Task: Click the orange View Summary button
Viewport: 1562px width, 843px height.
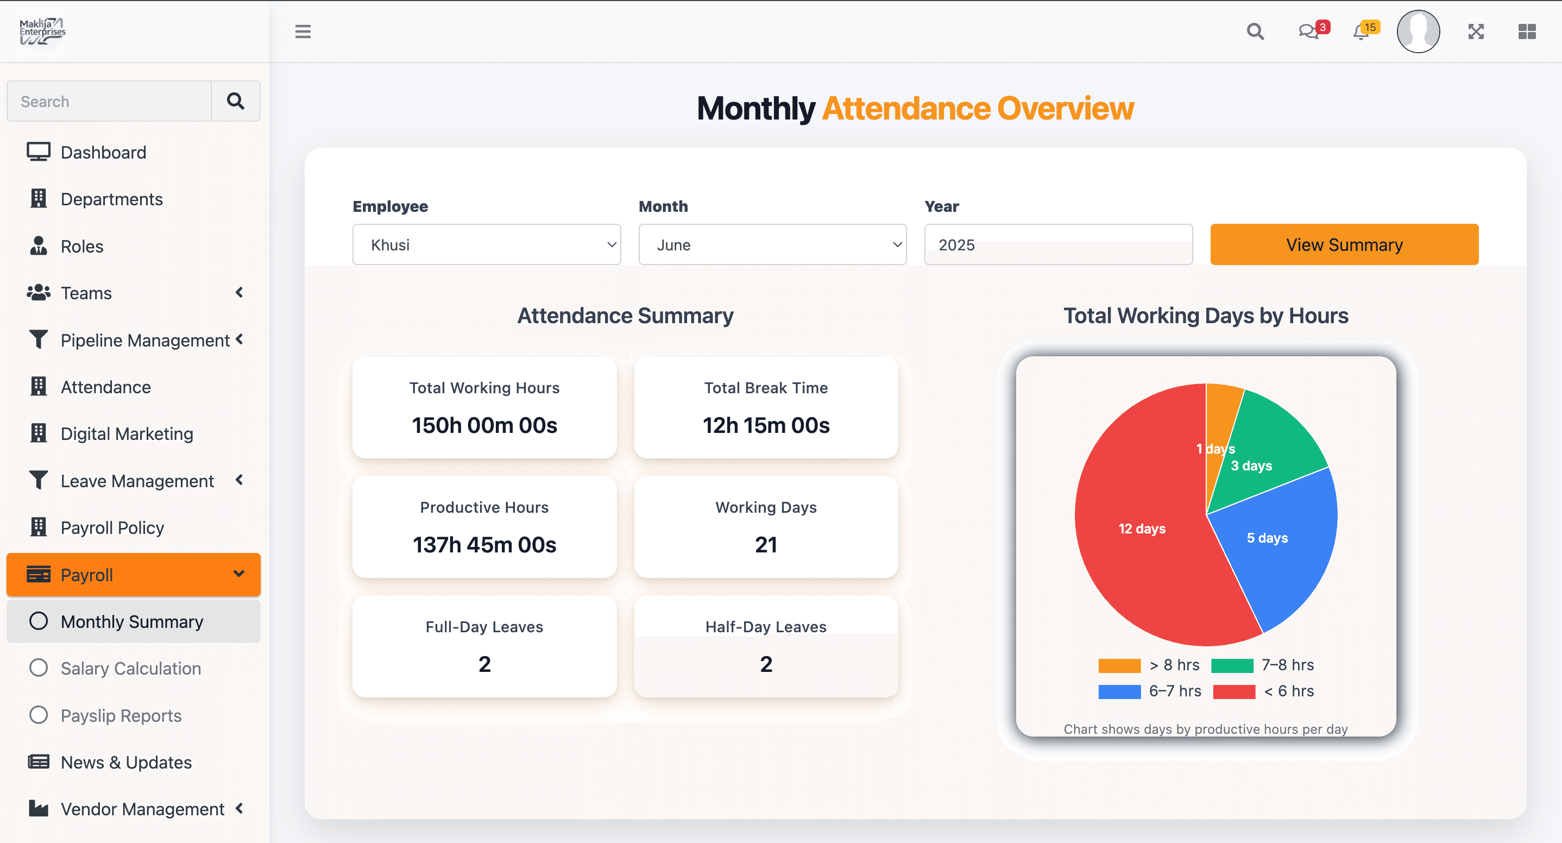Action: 1344,244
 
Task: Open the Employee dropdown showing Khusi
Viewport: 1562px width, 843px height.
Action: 486,244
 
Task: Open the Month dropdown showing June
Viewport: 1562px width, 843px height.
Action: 772,244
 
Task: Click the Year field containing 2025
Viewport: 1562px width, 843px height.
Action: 1057,244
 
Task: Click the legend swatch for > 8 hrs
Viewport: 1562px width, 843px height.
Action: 1119,665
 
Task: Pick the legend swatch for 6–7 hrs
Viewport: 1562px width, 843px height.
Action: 1119,691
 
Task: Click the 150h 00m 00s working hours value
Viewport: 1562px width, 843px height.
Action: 484,425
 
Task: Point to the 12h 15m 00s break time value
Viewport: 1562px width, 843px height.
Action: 766,425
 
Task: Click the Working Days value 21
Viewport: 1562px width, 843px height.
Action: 766,545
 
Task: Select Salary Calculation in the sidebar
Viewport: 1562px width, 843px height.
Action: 130,668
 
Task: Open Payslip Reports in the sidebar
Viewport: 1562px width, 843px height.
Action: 121,716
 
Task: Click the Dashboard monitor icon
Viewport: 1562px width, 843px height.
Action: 38,152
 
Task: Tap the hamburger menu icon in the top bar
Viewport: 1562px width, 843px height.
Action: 303,32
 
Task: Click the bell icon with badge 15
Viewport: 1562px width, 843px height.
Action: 1361,32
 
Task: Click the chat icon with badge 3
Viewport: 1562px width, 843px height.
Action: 1308,32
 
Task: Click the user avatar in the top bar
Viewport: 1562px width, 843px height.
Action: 1418,32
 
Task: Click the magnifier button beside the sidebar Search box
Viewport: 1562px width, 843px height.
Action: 235,100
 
